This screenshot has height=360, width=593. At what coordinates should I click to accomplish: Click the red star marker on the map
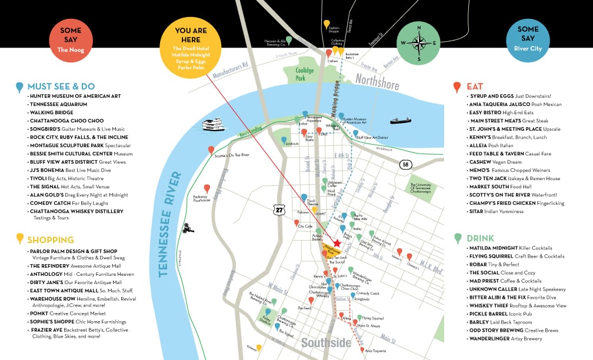click(x=337, y=243)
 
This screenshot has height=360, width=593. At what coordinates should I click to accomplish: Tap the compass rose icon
click(x=418, y=42)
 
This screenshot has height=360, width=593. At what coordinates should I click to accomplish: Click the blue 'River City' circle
click(x=528, y=39)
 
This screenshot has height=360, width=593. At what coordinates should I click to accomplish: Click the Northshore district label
click(x=377, y=82)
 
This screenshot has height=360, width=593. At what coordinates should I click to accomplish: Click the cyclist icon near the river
click(x=188, y=227)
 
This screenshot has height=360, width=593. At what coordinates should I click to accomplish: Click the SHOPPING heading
click(x=51, y=239)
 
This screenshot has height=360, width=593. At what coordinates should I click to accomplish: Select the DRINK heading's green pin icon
click(x=457, y=239)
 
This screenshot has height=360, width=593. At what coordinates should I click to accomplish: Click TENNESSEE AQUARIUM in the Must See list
click(x=58, y=104)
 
